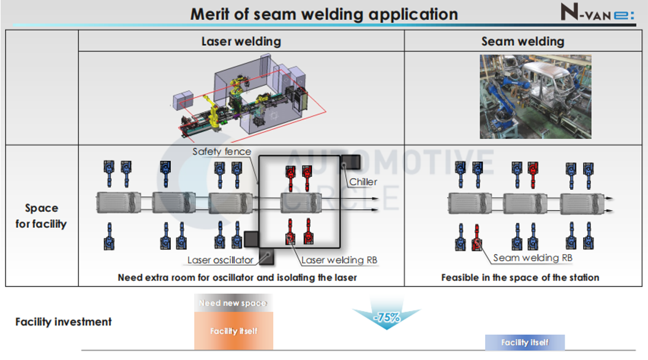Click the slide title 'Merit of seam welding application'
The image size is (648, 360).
click(x=323, y=13)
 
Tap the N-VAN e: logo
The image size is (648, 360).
click(x=597, y=13)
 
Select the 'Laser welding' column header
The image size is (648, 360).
click(x=241, y=42)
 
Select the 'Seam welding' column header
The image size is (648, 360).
click(x=522, y=42)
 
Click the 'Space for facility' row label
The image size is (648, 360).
click(x=41, y=216)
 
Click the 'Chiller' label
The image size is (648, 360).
click(x=363, y=182)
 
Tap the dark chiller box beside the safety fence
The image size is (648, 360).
click(x=350, y=163)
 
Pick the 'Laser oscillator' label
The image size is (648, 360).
click(x=220, y=260)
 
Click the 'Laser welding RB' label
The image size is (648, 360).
click(x=339, y=260)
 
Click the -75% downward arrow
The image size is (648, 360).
click(x=386, y=316)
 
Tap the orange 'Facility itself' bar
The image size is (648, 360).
click(x=233, y=331)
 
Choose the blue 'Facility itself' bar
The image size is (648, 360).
click(x=524, y=342)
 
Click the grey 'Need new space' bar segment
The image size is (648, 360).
click(x=233, y=303)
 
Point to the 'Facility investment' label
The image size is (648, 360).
click(x=64, y=321)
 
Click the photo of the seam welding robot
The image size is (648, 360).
click(x=535, y=97)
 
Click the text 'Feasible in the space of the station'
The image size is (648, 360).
click(x=520, y=277)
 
